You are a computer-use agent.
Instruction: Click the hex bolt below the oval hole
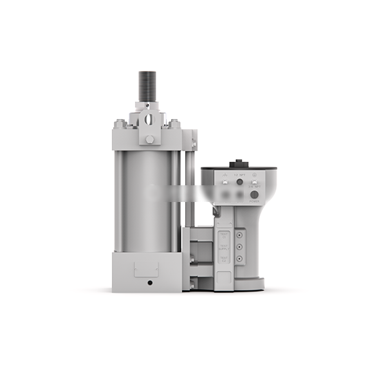[149, 138]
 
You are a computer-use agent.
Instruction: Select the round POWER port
[254, 194]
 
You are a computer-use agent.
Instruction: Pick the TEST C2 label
[225, 259]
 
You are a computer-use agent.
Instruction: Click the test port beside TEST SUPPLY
[239, 246]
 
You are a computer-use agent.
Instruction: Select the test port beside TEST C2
[239, 259]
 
